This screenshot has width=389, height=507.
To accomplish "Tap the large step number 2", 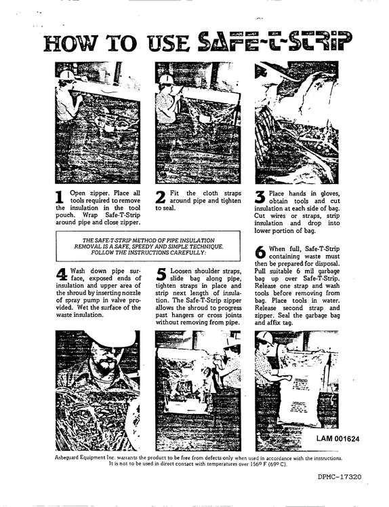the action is coord(161,198).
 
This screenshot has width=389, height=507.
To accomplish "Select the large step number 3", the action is coord(260,198).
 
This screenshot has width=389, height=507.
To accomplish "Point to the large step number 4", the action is coord(62,274).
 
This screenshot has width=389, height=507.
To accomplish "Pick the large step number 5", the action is coord(161,274).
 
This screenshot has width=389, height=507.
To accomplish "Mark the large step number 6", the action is coord(260,252).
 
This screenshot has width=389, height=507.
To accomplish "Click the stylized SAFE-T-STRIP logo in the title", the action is coord(274,41).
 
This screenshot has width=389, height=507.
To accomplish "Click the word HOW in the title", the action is coord(70,43).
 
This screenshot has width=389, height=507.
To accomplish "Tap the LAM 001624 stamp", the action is coord(337,438).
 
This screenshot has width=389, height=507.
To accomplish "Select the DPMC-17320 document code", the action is coord(340,476).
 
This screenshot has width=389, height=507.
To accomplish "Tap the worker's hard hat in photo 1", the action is coord(67,75).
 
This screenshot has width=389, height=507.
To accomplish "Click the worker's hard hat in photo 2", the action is coord(167,79).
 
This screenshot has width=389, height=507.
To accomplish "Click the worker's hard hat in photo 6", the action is coord(265,337).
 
